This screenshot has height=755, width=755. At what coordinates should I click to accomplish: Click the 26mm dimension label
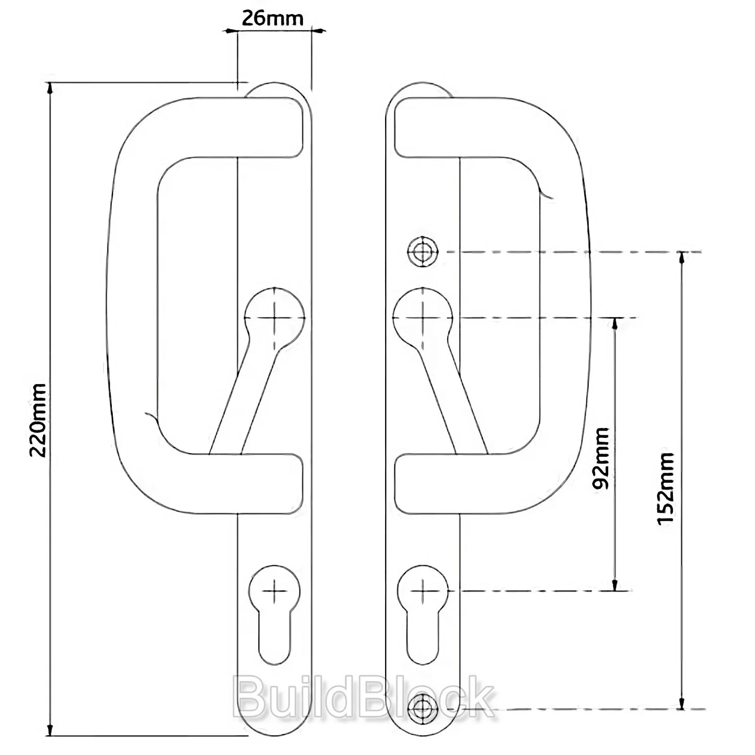point(272,18)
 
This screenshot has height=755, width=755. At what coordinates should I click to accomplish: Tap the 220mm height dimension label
point(39,420)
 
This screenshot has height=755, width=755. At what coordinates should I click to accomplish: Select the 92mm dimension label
point(600,458)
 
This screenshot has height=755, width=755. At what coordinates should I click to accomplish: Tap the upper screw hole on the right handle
point(423,251)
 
